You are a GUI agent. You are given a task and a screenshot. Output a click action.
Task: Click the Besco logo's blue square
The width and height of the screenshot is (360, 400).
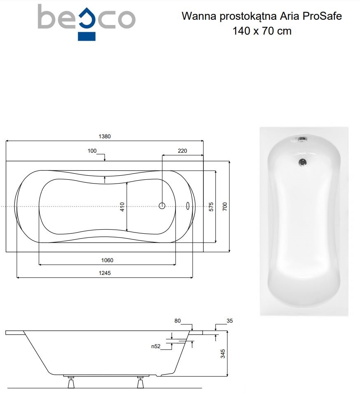[86, 36]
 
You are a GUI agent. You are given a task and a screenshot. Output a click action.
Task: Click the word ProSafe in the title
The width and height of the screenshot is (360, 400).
[322, 16]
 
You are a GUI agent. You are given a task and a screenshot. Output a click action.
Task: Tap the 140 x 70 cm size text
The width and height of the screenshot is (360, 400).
[262, 31]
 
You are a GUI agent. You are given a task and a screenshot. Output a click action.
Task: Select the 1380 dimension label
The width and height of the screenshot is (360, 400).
[105, 136]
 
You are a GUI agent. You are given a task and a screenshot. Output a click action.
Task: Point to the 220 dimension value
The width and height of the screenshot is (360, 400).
[182, 151]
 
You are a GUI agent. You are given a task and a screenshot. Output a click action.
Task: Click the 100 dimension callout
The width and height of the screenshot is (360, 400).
[92, 151]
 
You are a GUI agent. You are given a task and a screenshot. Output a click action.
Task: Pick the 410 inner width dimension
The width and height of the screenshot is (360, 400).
[122, 207]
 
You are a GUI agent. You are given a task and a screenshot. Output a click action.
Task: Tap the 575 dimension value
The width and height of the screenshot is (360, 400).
[211, 207]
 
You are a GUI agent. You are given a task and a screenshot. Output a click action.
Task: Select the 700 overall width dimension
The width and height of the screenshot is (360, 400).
[224, 206]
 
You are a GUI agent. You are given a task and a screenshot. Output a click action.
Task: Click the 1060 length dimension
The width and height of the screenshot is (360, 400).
[107, 260]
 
